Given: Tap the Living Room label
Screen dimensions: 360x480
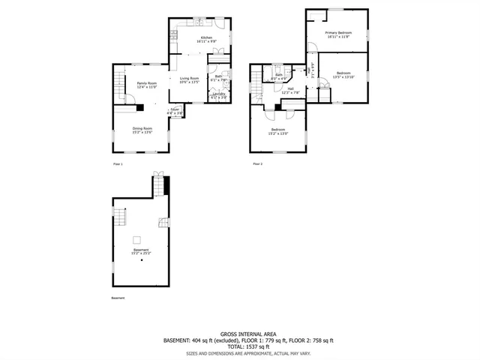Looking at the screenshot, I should click(189, 78).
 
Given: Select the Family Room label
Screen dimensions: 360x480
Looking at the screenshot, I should click(146, 83).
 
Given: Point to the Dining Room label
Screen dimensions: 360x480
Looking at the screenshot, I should click(142, 128).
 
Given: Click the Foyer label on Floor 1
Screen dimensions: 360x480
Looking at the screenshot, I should click(175, 109).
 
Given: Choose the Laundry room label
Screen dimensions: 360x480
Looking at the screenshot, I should click(218, 94).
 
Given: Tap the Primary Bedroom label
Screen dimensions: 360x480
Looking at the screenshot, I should click(338, 33).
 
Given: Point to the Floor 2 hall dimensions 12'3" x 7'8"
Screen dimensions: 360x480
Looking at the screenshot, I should click(290, 93).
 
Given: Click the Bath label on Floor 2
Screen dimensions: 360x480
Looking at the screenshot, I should click(278, 74).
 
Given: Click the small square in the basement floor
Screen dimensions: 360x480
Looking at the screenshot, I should click(137, 240).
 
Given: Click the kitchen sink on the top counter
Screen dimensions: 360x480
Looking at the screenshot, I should click(202, 23).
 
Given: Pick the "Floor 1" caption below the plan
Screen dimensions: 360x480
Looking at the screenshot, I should click(117, 163).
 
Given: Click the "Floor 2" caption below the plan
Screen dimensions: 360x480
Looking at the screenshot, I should click(257, 163).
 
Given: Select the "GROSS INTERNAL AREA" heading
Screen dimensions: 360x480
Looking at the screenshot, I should click(239, 334).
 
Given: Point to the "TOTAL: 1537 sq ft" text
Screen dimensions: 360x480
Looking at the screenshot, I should click(239, 346).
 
